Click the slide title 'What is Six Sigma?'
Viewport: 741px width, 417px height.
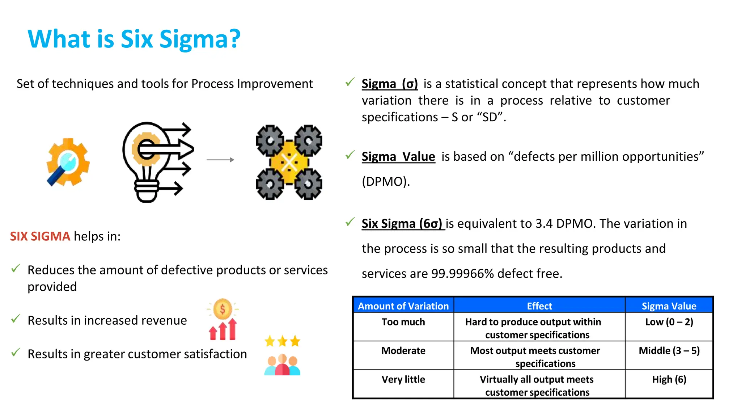[x=134, y=39]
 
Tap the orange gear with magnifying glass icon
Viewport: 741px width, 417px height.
[x=68, y=162]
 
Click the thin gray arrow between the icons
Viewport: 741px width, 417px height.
[x=220, y=160]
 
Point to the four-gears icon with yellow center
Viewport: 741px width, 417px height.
[x=289, y=162]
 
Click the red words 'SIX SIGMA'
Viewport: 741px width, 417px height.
[x=40, y=236]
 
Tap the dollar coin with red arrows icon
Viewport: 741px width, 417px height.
[x=223, y=319]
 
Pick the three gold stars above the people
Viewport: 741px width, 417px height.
[x=282, y=341]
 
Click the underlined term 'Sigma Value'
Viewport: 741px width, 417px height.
[x=398, y=157]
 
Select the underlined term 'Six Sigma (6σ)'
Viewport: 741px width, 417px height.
[x=402, y=224]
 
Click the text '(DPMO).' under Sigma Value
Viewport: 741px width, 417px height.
[x=386, y=181]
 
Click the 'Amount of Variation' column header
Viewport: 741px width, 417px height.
[x=403, y=306]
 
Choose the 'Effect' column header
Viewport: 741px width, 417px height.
[x=539, y=306]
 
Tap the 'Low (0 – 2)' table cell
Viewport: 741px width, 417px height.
[x=669, y=322]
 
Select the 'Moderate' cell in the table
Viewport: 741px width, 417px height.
[x=403, y=351]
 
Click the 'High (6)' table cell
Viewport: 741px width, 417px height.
[x=669, y=379]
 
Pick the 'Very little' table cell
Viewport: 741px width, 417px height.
[x=403, y=379]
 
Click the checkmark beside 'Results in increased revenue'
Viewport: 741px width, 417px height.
[x=16, y=319]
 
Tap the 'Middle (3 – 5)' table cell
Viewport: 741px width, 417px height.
[x=669, y=351]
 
